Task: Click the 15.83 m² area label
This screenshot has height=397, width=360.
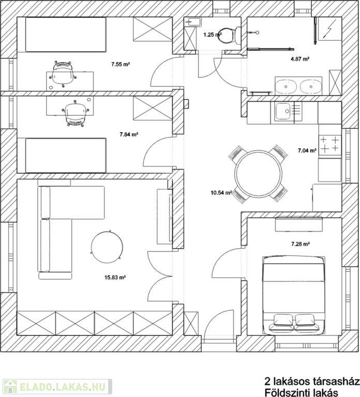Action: pos(115,278)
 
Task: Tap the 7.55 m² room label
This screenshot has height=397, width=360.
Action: pos(121,64)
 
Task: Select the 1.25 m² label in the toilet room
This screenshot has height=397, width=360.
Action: pos(213,35)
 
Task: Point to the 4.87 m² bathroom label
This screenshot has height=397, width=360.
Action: pos(300,59)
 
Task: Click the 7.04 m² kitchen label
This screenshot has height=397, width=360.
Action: pos(307,150)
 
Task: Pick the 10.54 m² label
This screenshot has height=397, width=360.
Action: pos(221,193)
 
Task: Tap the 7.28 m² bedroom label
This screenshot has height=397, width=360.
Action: pos(301,244)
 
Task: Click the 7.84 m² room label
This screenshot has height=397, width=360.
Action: pos(129,134)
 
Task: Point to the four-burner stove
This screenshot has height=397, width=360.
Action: pos(330,144)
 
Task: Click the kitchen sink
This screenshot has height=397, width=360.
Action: pos(283,111)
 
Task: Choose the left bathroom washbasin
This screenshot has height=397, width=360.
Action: pos(286,86)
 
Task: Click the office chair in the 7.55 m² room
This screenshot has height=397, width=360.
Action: pos(62,74)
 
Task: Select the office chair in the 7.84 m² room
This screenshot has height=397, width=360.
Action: pos(75,113)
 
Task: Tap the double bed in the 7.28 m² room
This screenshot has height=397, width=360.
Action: pos(294,295)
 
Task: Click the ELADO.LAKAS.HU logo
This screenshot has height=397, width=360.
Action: pos(57,387)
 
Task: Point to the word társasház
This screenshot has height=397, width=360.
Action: pos(335,381)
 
